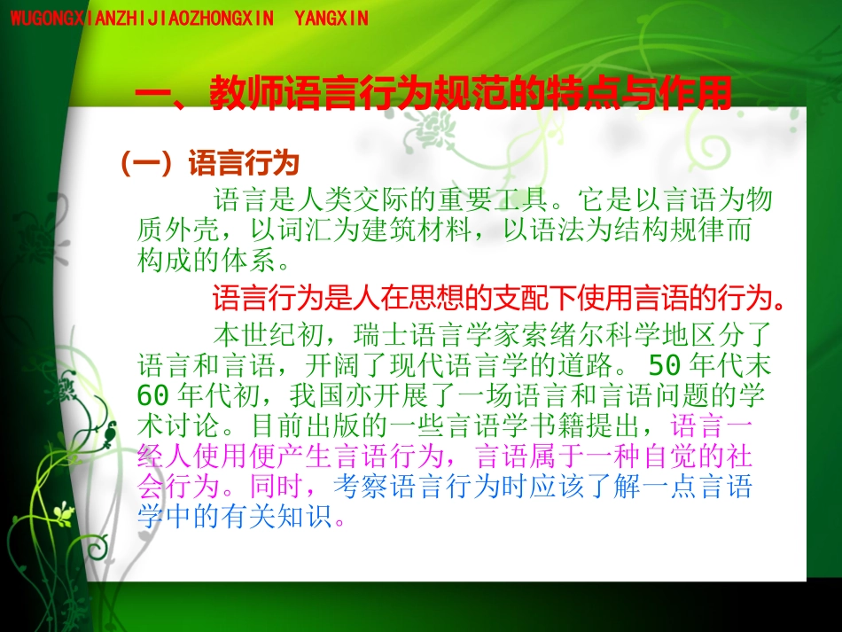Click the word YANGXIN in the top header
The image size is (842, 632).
[330, 18]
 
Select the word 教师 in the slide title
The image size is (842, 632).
[239, 93]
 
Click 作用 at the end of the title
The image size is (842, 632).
[699, 93]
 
